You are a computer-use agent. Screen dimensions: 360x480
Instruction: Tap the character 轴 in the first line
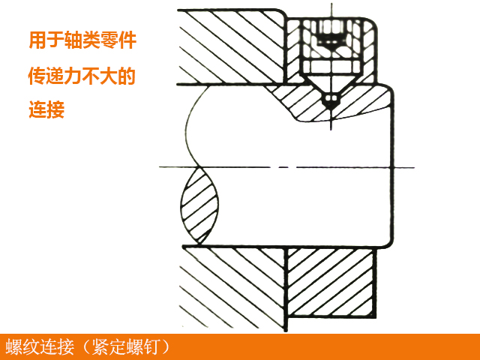click(76, 40)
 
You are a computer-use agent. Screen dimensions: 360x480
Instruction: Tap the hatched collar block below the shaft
click(330, 289)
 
